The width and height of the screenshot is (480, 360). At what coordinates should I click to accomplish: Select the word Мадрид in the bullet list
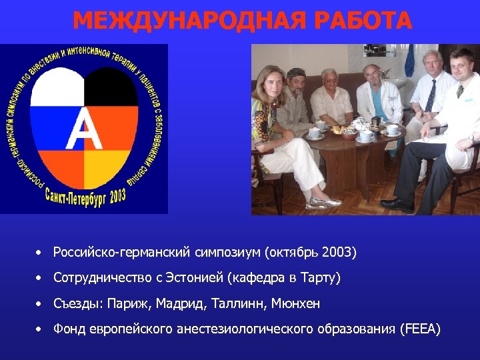pos(182,303)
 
